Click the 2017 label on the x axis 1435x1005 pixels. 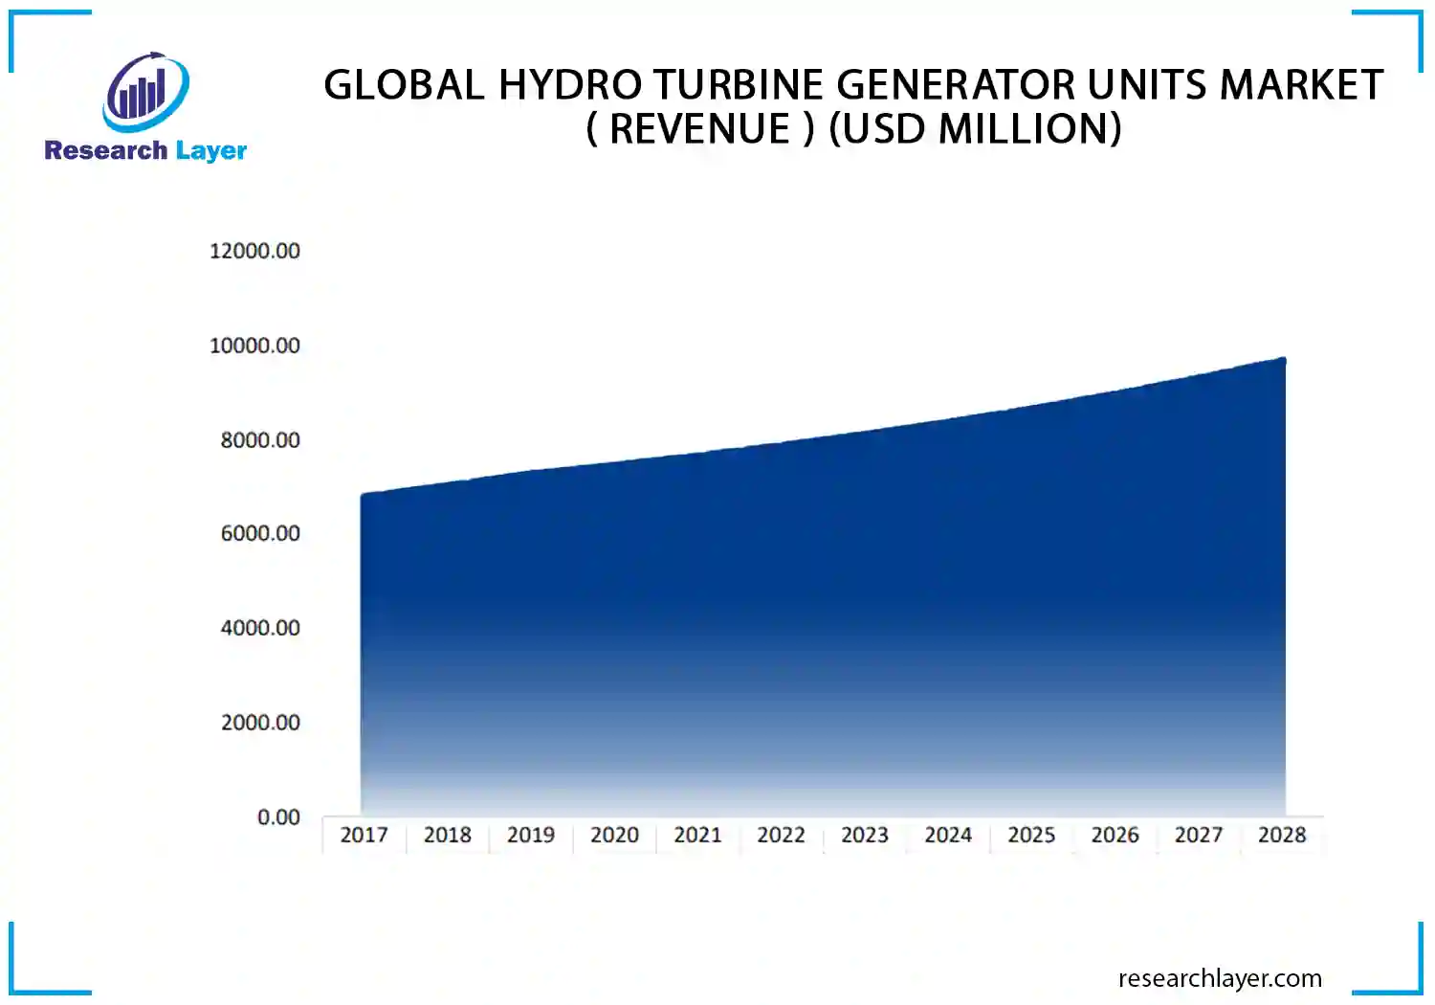364,835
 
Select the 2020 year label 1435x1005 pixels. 614,835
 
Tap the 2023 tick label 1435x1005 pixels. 865,835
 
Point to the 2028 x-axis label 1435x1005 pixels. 1282,835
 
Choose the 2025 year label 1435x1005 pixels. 1031,835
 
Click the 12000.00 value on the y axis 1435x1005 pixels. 254,251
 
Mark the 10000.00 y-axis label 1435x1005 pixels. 254,346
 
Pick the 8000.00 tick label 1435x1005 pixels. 260,440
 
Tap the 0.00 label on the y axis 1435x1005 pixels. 278,817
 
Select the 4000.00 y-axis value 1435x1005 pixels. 260,628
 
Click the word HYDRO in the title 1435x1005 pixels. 569,85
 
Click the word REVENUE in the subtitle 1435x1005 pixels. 700,129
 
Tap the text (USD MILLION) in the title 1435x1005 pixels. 975,129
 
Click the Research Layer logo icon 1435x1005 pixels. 145,92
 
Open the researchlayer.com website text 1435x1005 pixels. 1220,978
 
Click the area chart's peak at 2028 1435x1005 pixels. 1284,360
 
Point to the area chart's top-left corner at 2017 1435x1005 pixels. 363,496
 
